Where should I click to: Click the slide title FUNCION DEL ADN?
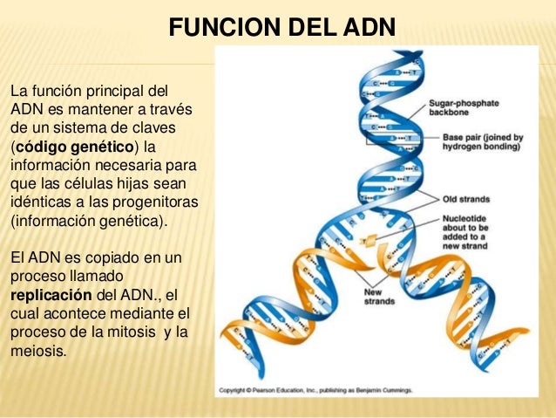click(x=281, y=29)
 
